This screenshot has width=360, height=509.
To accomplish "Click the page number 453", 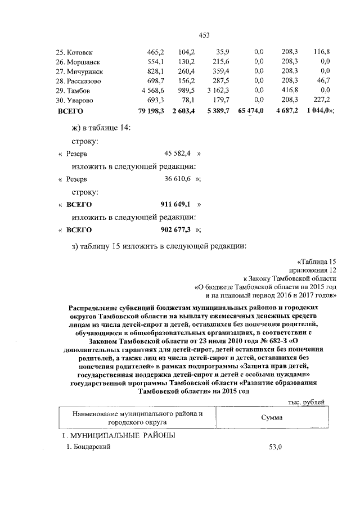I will pos(204,35).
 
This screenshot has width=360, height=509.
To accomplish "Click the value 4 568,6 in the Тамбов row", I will pos(152,91).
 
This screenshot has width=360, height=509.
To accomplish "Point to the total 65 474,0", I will pos(250,111).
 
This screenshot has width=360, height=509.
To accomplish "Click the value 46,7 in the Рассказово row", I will pos(322,80).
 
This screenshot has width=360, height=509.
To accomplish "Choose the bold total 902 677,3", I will pos(176,230).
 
